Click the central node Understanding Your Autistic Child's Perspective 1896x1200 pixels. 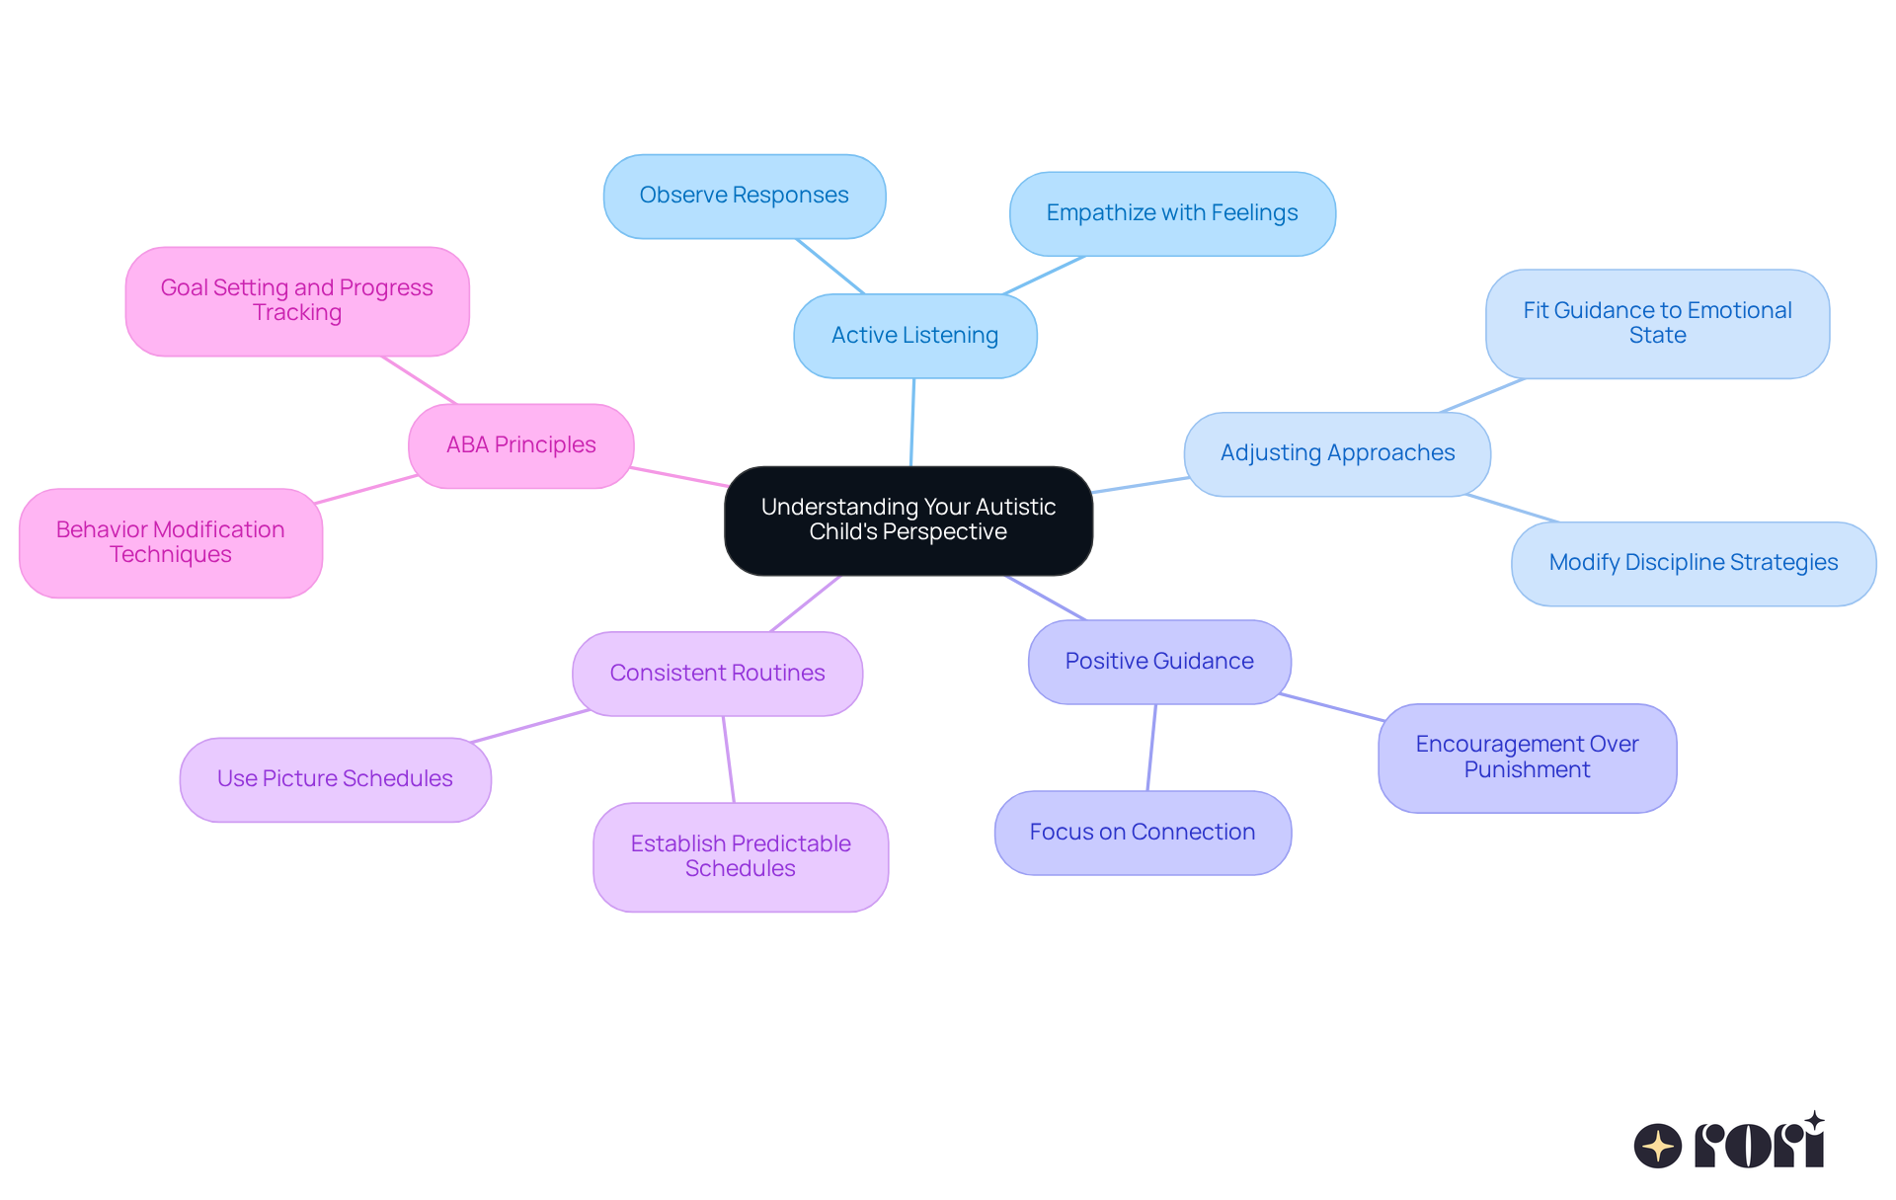pos(908,520)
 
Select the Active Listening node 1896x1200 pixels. pos(914,336)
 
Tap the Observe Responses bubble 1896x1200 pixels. pos(744,196)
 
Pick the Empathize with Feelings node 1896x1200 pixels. pos(1172,213)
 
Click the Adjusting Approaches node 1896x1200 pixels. pos(1337,453)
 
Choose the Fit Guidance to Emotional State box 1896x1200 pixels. pos(1657,323)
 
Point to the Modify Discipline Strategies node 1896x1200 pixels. pos(1693,563)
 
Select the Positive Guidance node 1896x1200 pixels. pos(1159,662)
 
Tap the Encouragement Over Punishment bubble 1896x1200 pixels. pos(1527,758)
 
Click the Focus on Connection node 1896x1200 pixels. pos(1143,833)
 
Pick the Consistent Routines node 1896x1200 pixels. pos(717,674)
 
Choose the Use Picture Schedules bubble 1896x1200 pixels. pos(335,779)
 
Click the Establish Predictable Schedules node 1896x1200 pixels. pos(741,856)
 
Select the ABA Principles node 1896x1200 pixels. pos(520,445)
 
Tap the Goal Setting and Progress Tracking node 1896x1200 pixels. pos(296,300)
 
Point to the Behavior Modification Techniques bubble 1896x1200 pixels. pos(171,542)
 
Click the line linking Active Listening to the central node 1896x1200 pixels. pos(912,422)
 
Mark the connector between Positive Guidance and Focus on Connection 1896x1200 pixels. pos(1151,748)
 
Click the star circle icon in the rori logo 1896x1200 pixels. pos(1657,1146)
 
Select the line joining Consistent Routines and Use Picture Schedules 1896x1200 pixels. pos(530,726)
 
